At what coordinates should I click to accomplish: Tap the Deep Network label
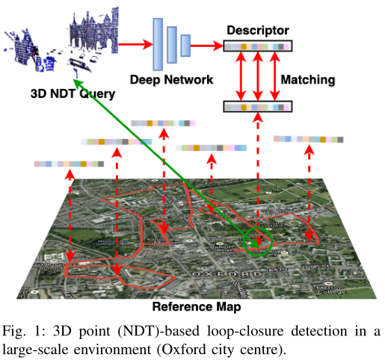click(172, 80)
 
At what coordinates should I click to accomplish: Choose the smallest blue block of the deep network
click(185, 46)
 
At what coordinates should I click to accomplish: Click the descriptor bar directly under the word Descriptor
click(257, 46)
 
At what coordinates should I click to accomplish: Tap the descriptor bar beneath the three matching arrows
click(257, 108)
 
